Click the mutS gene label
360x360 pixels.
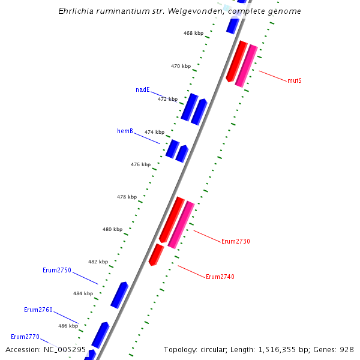point(294,80)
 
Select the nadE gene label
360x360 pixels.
point(143,90)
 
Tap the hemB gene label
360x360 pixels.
point(125,131)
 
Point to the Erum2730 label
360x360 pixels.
point(236,242)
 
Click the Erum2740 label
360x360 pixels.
point(220,277)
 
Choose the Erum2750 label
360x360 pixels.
point(57,271)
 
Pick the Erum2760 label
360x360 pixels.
point(38,310)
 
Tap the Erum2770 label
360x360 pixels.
point(25,337)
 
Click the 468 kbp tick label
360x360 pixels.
point(193,34)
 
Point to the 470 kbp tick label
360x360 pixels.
point(181,67)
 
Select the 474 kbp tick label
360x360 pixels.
point(154,132)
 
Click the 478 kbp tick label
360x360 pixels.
point(127,197)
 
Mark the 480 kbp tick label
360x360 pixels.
point(112,229)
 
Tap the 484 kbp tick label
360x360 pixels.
point(83,294)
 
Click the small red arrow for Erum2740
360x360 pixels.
point(156,254)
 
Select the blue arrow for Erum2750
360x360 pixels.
point(119,295)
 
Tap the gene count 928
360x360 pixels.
point(347,349)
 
